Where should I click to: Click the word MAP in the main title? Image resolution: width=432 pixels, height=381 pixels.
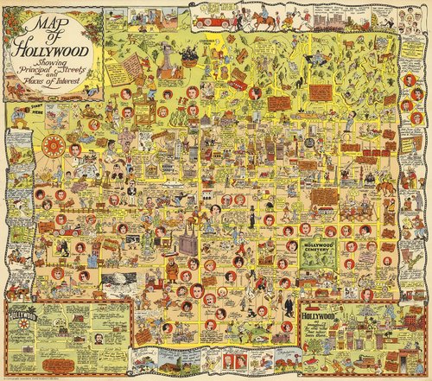[52, 22]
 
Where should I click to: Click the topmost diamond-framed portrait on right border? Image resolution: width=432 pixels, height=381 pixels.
[421, 52]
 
